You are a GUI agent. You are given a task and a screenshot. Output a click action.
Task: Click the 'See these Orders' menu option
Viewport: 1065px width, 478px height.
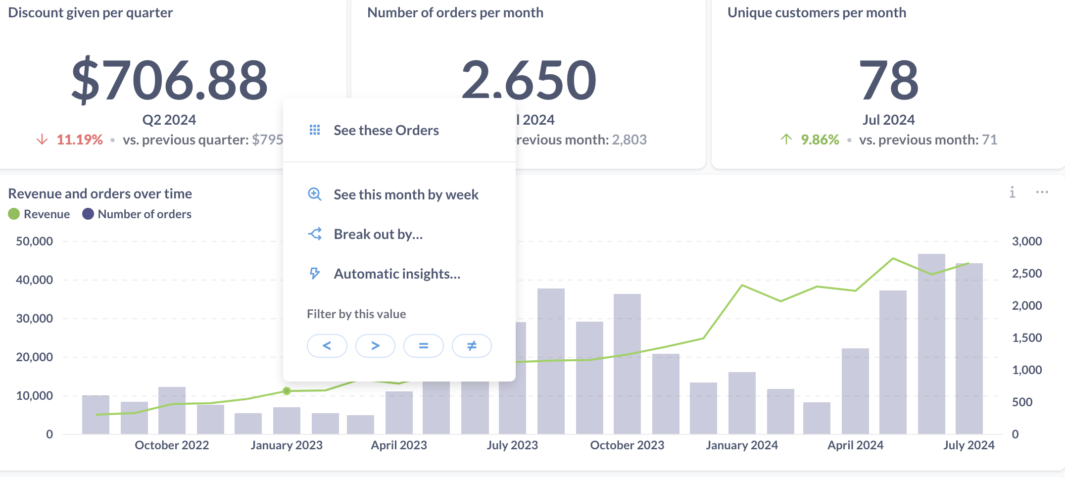(x=386, y=130)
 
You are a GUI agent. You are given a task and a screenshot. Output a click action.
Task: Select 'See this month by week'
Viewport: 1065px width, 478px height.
(x=405, y=194)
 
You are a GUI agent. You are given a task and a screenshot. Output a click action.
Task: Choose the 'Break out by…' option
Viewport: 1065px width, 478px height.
(x=378, y=234)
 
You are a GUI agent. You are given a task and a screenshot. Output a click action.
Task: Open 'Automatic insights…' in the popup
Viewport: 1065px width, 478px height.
(x=396, y=274)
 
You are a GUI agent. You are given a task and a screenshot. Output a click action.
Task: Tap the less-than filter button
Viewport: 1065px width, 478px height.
(x=327, y=345)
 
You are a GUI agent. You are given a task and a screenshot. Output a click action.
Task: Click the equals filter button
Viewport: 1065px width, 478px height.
(x=423, y=345)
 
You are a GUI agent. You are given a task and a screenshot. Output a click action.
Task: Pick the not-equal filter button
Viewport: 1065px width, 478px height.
(x=472, y=345)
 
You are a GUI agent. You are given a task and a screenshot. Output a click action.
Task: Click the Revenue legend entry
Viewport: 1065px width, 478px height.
(x=40, y=214)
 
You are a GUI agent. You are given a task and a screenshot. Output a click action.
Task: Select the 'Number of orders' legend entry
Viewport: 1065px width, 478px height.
(x=137, y=214)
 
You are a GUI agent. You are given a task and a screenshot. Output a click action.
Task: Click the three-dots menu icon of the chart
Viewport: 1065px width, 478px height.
(x=1042, y=192)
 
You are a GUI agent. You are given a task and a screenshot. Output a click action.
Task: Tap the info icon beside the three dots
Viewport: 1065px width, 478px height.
(x=1012, y=192)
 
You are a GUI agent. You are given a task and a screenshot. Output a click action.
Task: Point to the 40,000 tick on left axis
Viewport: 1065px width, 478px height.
(x=34, y=280)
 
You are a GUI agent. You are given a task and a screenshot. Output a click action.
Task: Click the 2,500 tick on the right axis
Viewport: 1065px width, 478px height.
(x=1027, y=273)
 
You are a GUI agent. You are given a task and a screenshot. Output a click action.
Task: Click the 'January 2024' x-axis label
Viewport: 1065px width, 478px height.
(x=741, y=445)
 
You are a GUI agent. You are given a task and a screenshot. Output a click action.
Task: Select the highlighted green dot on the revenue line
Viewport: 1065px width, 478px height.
(x=287, y=391)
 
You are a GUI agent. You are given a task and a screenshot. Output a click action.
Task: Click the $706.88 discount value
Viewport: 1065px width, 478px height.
(x=169, y=79)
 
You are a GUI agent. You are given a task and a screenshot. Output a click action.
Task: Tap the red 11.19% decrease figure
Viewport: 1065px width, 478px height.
(x=79, y=140)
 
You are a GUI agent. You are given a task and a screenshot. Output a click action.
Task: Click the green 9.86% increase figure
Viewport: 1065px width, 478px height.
(x=820, y=140)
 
